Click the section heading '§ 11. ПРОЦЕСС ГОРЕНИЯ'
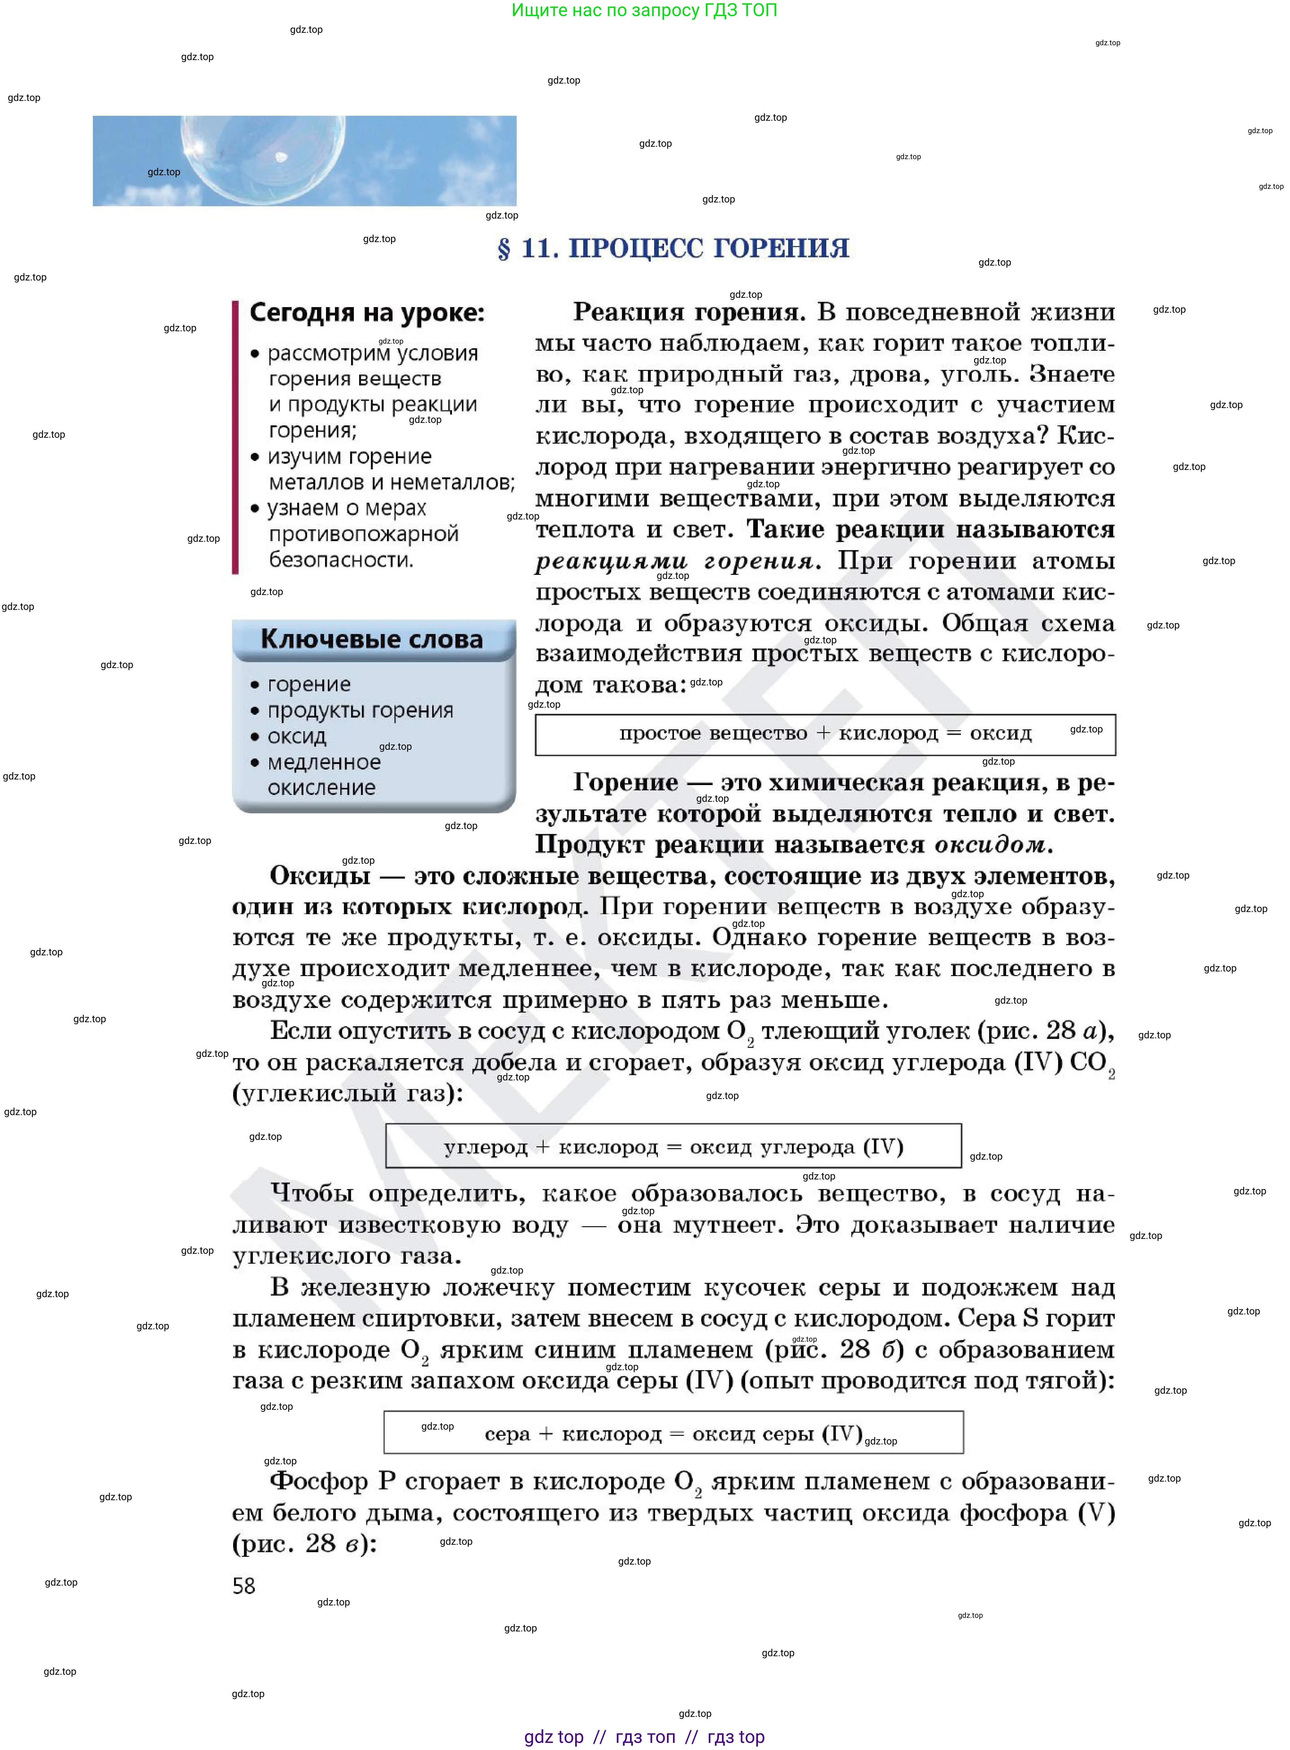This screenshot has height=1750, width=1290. tap(673, 248)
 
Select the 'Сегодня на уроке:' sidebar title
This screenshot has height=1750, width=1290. tap(367, 313)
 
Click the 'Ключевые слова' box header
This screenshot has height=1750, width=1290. tap(372, 640)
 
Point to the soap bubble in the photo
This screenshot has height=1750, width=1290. tap(262, 156)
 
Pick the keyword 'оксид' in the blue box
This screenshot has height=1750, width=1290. tap(297, 736)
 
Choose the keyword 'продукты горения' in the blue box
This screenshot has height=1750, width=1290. tap(360, 711)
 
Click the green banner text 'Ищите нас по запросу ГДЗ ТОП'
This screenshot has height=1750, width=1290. tap(644, 10)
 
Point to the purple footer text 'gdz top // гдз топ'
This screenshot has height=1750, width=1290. tap(644, 1737)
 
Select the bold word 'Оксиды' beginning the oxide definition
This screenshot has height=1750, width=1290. tap(320, 876)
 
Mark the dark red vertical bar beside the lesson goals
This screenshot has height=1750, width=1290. tap(235, 437)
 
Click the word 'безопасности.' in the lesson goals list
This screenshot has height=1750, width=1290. tap(341, 560)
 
